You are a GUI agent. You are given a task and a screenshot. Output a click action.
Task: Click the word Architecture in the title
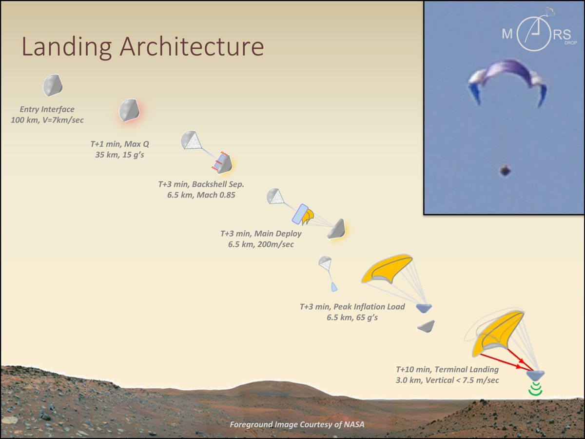(192, 46)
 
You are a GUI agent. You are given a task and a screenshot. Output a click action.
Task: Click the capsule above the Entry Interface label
(52, 85)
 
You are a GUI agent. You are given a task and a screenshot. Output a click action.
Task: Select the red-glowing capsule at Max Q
(130, 110)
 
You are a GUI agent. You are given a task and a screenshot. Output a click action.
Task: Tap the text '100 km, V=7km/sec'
(47, 120)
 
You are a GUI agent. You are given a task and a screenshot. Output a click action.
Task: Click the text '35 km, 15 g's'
(119, 155)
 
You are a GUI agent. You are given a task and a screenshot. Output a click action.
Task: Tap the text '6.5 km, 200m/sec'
(261, 244)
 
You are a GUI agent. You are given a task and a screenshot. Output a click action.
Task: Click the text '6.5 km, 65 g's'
(352, 318)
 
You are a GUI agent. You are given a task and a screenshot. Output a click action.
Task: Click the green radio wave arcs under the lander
(536, 389)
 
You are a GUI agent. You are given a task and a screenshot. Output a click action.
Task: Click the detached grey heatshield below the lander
(426, 326)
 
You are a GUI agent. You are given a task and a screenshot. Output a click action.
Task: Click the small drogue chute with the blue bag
(327, 271)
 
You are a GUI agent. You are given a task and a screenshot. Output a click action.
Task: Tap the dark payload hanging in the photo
(505, 170)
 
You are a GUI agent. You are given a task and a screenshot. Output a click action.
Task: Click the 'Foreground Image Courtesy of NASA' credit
(297, 424)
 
